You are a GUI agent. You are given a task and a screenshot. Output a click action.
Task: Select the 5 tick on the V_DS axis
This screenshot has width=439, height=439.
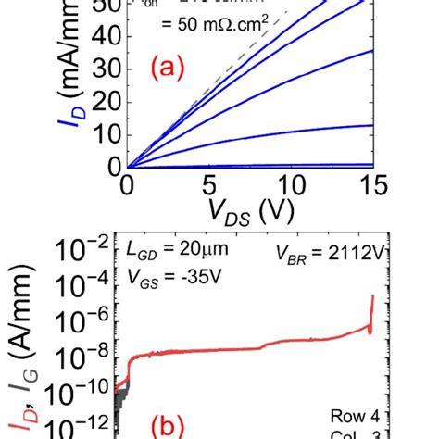click(x=209, y=186)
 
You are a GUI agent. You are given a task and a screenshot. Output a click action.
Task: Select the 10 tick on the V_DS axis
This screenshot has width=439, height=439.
click(x=291, y=186)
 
